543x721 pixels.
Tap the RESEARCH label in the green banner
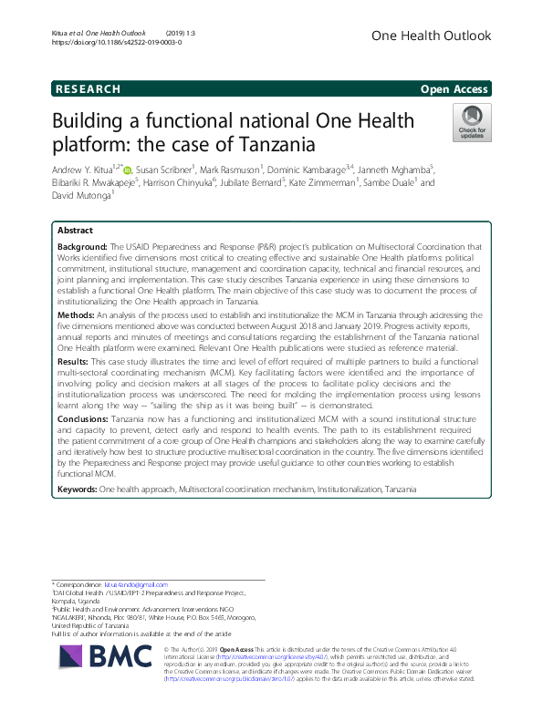pos(88,89)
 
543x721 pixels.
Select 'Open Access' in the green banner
pos(454,89)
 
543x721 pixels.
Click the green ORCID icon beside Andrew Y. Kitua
pos(128,169)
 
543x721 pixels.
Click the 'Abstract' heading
pos(75,232)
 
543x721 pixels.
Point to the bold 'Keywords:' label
pos(78,489)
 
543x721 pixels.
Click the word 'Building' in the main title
pos(95,121)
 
